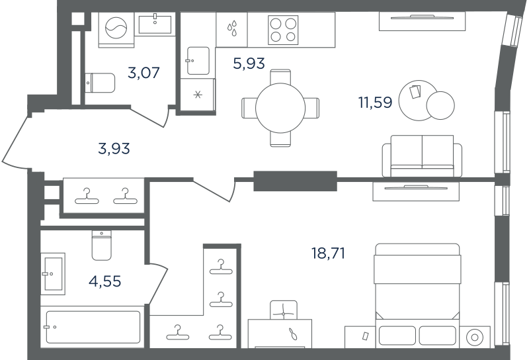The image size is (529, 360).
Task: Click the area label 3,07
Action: coord(143,73)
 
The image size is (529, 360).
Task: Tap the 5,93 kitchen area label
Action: coord(249,63)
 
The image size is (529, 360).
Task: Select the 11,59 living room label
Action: coord(375,102)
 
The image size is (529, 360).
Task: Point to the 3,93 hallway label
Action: coord(114,148)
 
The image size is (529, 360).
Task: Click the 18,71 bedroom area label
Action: coord(328,253)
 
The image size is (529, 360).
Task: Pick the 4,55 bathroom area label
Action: coord(105,281)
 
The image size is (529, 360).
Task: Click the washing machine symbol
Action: coord(116,28)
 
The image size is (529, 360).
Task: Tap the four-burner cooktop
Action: coord(283,30)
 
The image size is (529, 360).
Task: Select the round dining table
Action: coord(280,108)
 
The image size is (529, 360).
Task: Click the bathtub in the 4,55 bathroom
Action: coord(93,327)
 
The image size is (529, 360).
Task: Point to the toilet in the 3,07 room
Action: coord(100,83)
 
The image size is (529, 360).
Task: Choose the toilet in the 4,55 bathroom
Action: coord(102,246)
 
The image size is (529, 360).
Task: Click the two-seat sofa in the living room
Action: coord(422,156)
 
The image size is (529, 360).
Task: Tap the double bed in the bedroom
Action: coord(417,296)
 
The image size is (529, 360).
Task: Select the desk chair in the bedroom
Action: coord(284,310)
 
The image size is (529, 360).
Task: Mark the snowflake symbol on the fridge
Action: coord(198,95)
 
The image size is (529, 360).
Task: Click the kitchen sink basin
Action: coord(198,61)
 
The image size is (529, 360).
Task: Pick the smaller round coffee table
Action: coord(440,105)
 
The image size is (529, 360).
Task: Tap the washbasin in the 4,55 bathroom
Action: coord(54,273)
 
